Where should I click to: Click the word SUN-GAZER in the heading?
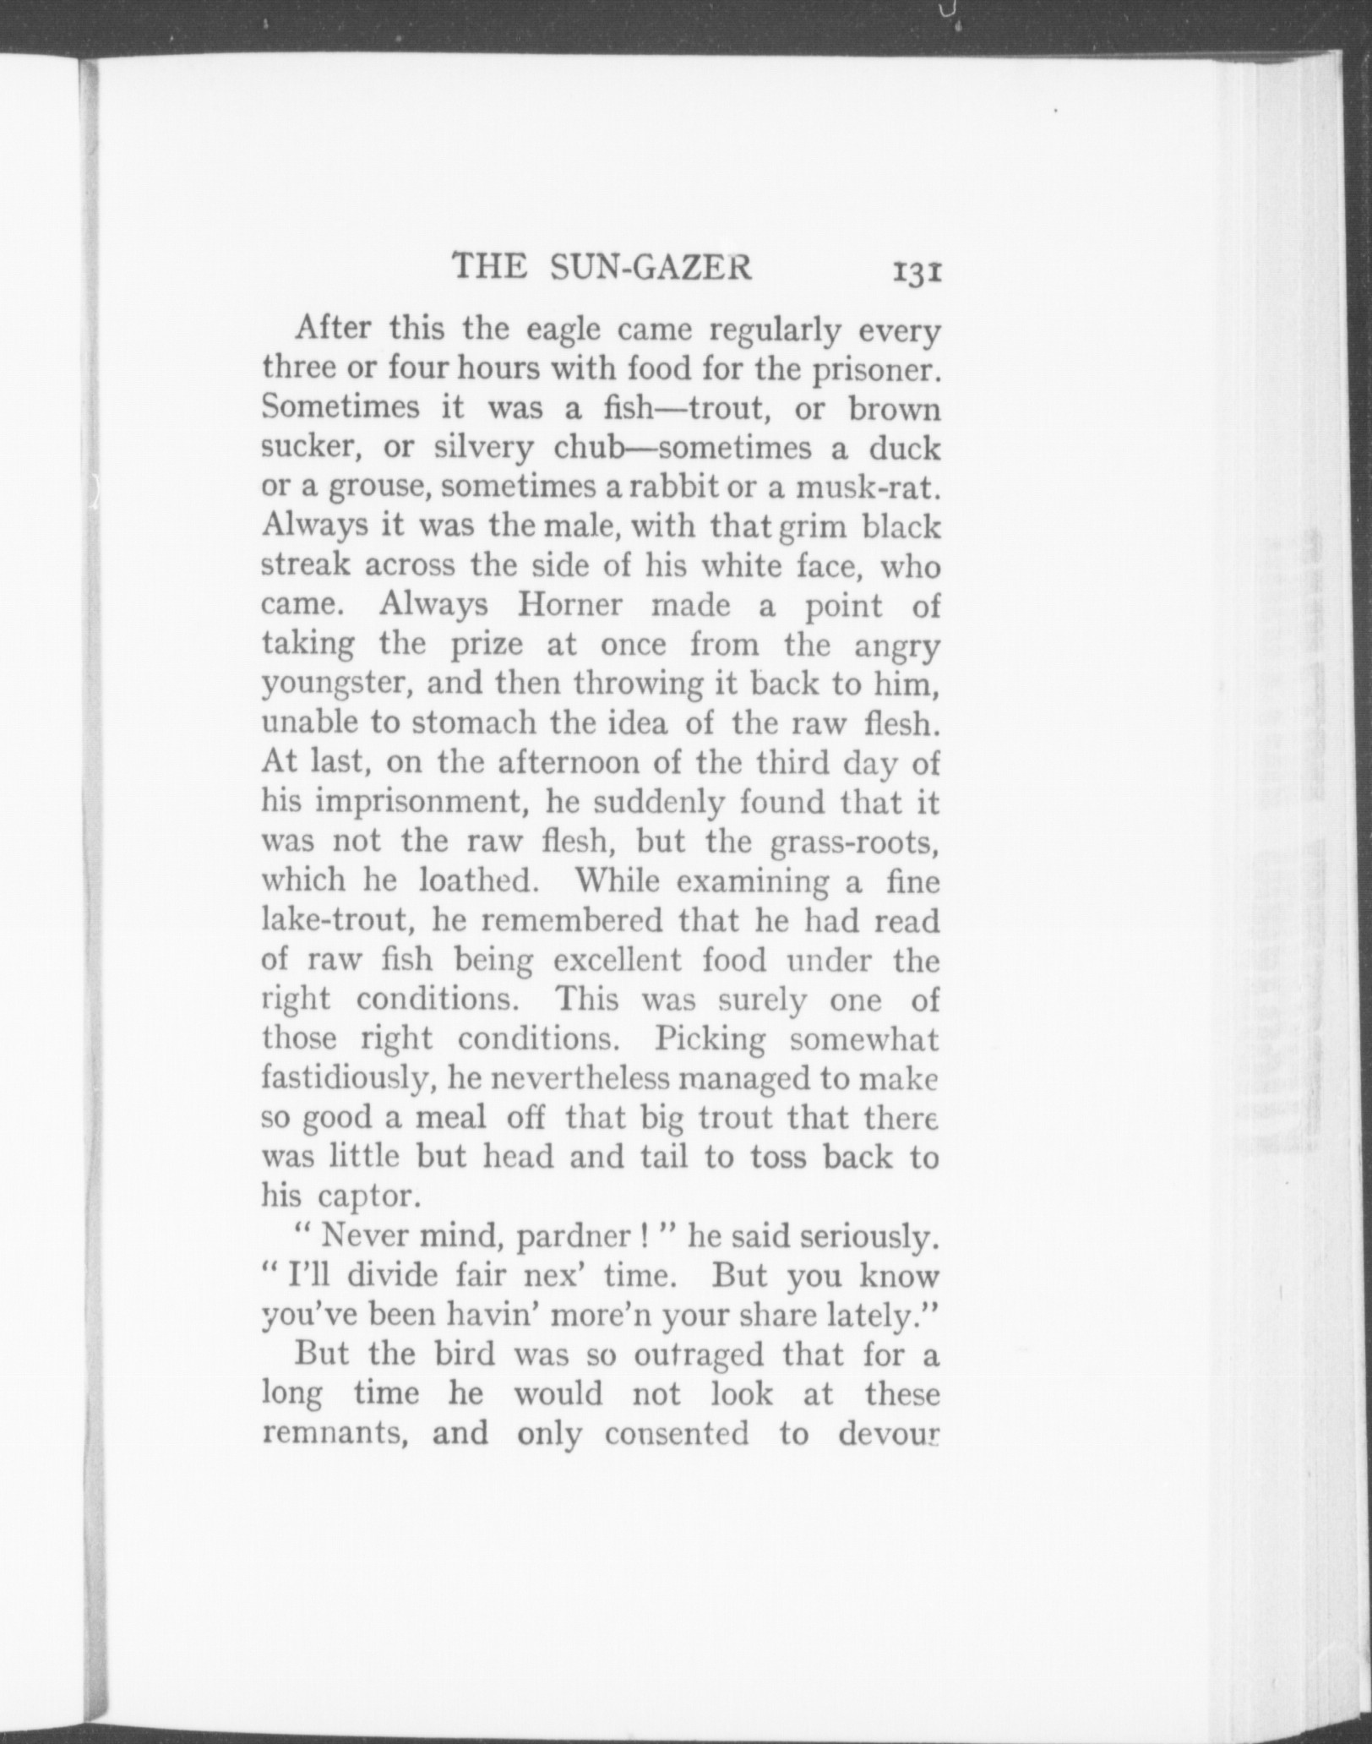pyautogui.click(x=650, y=267)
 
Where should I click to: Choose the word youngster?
pyautogui.click(x=336, y=684)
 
